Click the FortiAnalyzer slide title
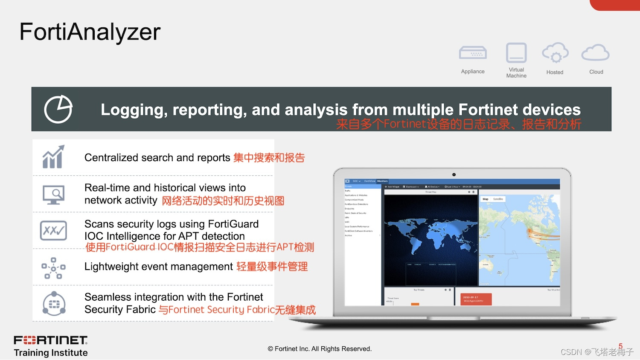tap(90, 32)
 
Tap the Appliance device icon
tap(473, 53)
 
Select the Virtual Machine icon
tap(516, 53)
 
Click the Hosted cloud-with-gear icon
tap(555, 53)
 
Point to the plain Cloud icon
tap(596, 53)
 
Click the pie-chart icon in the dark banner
tap(58, 110)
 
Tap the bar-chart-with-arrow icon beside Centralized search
tap(53, 157)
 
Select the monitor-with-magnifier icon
tap(54, 195)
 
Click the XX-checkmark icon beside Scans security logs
tap(53, 231)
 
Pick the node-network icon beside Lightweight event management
tap(53, 268)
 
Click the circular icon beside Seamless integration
tap(54, 304)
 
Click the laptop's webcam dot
tap(454, 174)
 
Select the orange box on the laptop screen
tap(476, 299)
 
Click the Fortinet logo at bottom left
tap(51, 340)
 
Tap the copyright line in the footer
tap(320, 349)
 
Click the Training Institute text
tap(51, 353)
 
